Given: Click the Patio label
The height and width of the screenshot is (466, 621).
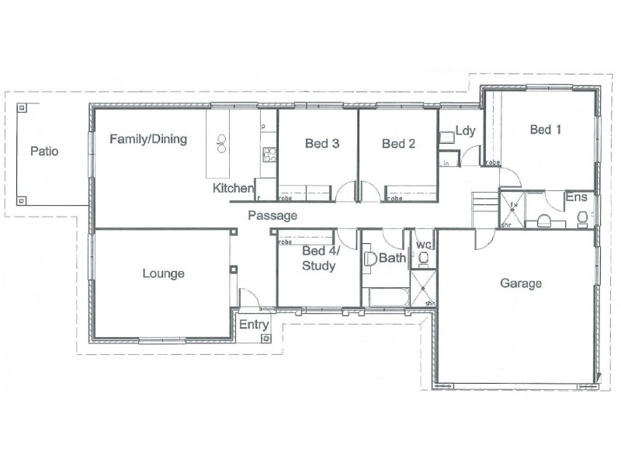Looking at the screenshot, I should point(44,151).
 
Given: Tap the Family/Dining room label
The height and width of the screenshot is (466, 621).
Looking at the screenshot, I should point(148,140).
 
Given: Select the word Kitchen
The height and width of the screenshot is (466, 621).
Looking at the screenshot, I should point(233,189).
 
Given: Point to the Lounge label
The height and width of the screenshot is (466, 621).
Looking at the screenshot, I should point(163,273).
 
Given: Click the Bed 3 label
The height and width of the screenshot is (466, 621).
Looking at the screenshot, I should point(321,144).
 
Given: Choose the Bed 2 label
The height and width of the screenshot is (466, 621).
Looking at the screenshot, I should point(399,144).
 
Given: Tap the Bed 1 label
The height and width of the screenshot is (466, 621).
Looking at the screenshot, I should point(545,130).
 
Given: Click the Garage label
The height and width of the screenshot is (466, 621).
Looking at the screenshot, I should point(520,283).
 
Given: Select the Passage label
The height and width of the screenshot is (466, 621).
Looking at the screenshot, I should point(272,215).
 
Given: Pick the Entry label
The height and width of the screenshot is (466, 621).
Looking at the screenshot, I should point(253,325).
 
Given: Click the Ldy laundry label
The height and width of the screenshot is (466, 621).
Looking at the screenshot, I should point(465,130).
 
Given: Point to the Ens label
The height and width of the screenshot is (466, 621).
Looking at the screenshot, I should point(576,199).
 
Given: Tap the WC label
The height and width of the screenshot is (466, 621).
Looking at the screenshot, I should point(423,245).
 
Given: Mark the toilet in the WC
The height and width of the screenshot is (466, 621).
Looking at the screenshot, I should point(424,258).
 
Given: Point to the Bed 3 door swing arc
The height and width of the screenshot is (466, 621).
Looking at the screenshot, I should point(345,191).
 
